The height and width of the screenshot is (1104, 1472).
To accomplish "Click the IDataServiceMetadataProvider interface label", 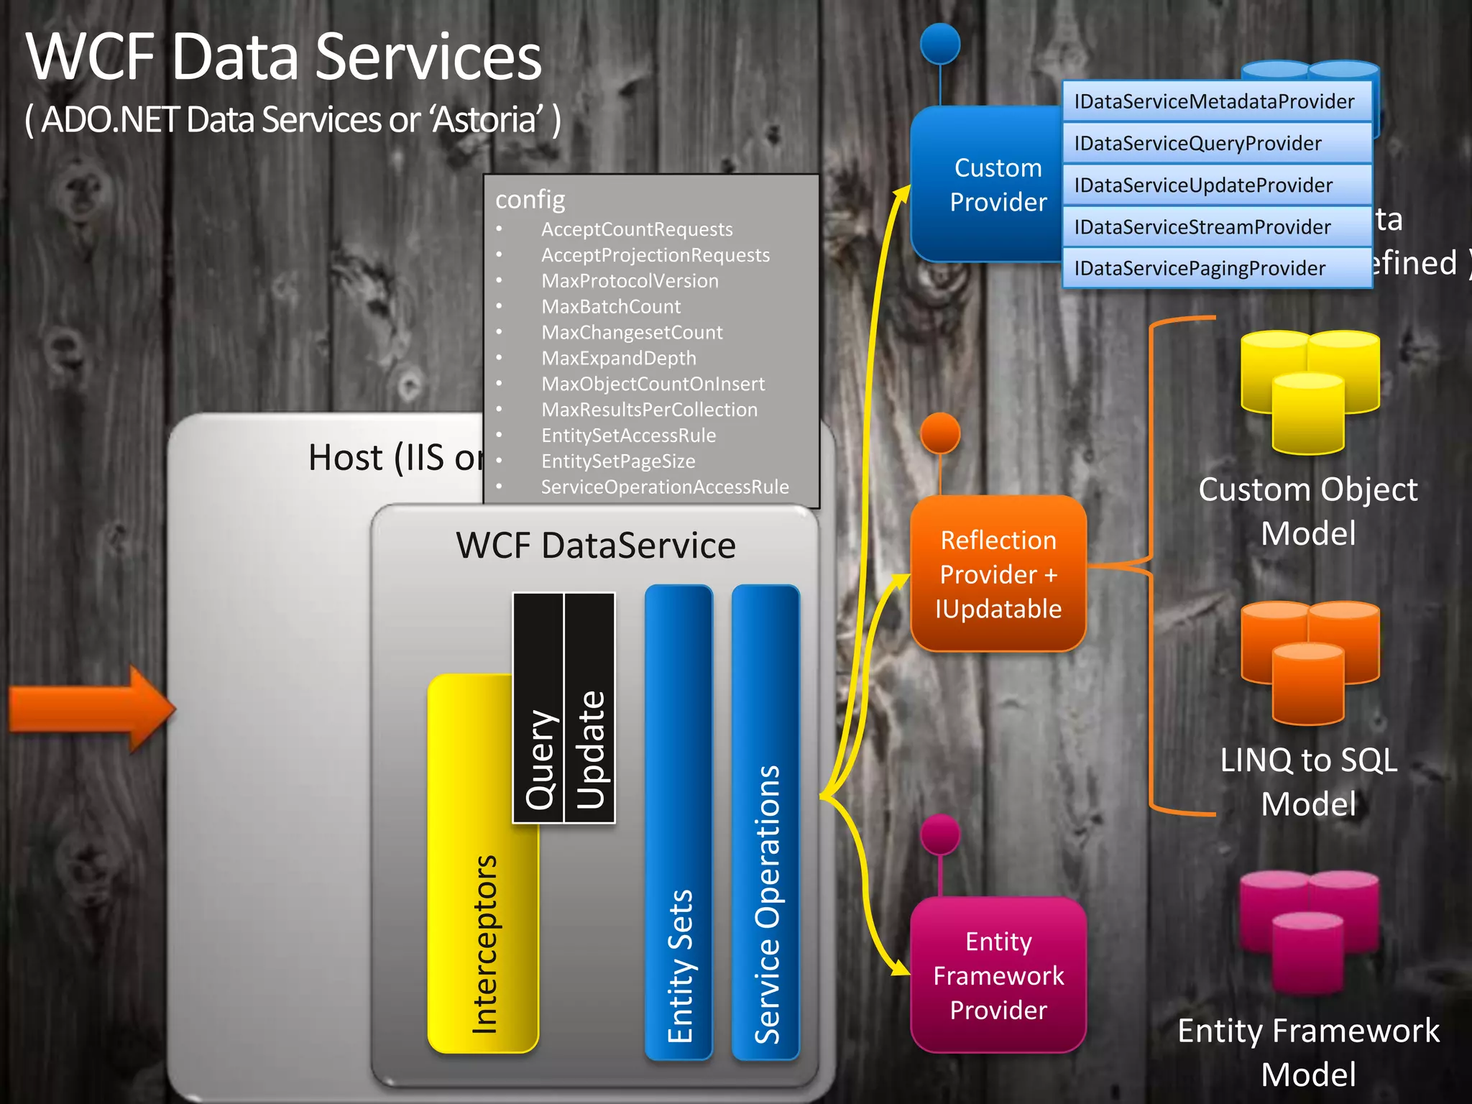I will [1214, 101].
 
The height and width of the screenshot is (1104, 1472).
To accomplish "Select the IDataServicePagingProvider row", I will [1200, 268].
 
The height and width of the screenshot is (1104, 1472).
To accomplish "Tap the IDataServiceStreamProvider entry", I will [1202, 227].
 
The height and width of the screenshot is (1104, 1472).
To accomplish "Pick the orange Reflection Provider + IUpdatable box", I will [998, 574].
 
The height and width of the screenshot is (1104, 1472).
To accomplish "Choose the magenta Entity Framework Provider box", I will [998, 975].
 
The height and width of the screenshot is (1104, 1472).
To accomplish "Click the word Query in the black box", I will [539, 758].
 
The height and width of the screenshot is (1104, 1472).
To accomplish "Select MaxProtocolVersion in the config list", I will [630, 281].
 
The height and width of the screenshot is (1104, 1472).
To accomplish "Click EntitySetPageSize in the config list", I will [618, 461].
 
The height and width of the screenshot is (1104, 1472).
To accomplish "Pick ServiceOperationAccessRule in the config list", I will [665, 487].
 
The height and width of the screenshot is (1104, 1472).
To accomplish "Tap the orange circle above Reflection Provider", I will [940, 433].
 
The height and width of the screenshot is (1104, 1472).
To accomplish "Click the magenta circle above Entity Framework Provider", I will [940, 834].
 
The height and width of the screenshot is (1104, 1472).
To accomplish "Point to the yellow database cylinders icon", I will [1310, 392].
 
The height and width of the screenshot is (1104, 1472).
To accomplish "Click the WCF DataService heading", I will [596, 546].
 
